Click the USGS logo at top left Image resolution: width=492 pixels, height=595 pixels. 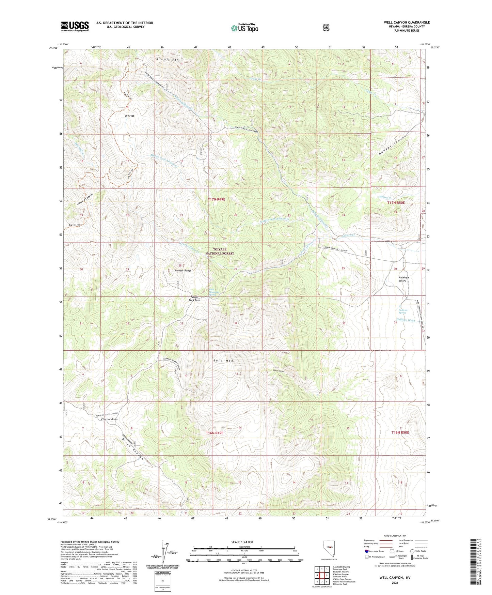[75, 26]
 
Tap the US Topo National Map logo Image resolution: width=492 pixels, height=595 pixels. [244, 28]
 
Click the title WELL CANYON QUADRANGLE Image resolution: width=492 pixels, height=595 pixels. [407, 22]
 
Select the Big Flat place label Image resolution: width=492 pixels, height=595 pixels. [129, 116]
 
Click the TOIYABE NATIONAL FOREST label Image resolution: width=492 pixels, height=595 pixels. [219, 251]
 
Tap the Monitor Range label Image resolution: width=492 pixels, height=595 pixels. [183, 271]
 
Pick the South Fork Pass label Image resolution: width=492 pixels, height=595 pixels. [194, 299]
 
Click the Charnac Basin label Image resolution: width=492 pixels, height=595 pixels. [109, 419]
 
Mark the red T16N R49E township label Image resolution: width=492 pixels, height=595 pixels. [215, 433]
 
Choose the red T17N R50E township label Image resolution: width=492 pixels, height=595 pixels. [396, 203]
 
